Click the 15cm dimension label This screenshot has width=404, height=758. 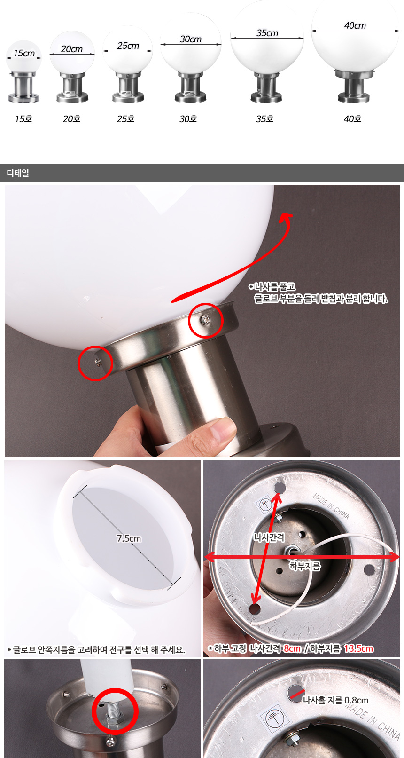(24, 53)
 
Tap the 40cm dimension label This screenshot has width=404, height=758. (355, 25)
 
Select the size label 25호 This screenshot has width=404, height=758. (125, 119)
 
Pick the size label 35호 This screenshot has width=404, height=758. (264, 119)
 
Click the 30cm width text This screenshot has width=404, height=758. (191, 39)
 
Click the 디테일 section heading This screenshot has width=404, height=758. (17, 173)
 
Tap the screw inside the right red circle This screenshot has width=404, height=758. (205, 319)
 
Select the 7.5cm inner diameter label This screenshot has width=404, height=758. (129, 538)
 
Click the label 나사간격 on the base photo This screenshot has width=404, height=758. (269, 537)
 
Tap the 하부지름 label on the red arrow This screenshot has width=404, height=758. (305, 566)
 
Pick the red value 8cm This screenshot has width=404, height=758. (292, 648)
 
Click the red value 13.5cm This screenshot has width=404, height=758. (358, 648)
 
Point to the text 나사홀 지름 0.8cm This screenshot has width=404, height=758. (335, 700)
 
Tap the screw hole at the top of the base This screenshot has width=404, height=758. (280, 488)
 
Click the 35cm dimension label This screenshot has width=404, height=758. (267, 33)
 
